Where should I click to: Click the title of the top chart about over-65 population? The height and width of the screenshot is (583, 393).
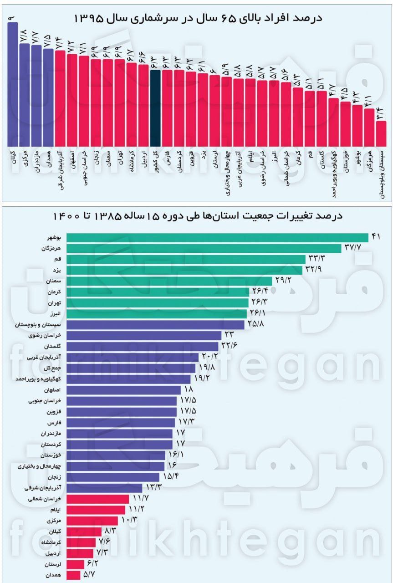pyautogui.click(x=198, y=18)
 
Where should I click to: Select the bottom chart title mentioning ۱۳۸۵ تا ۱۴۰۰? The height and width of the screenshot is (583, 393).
pyautogui.click(x=199, y=215)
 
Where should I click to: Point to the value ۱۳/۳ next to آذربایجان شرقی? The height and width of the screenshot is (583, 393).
pyautogui.click(x=154, y=488)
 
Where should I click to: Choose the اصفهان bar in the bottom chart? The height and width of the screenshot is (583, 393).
pyautogui.click(x=123, y=391)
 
